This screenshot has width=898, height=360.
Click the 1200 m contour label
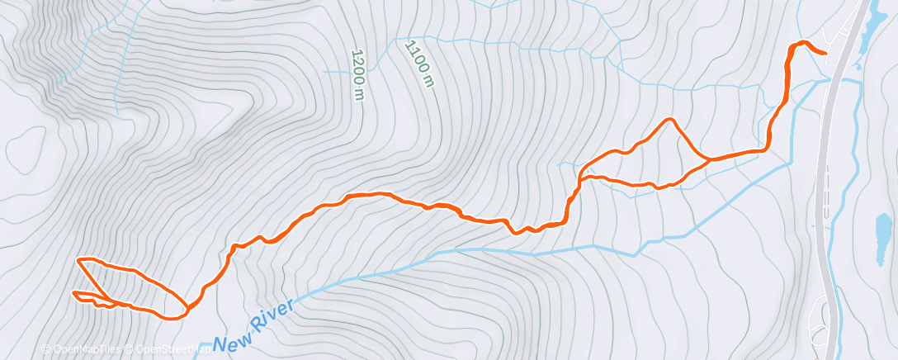pos(357,75)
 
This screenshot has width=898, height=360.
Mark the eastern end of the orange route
pos(825,52)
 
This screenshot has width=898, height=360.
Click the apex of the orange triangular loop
pos(669,120)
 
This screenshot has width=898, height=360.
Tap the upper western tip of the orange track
pos(78,260)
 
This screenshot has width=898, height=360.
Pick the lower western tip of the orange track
pos(74,294)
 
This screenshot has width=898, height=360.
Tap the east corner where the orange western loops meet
pos(186,310)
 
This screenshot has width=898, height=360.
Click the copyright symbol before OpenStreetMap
pos(130,349)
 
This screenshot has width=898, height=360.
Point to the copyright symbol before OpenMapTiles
pos(45,349)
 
